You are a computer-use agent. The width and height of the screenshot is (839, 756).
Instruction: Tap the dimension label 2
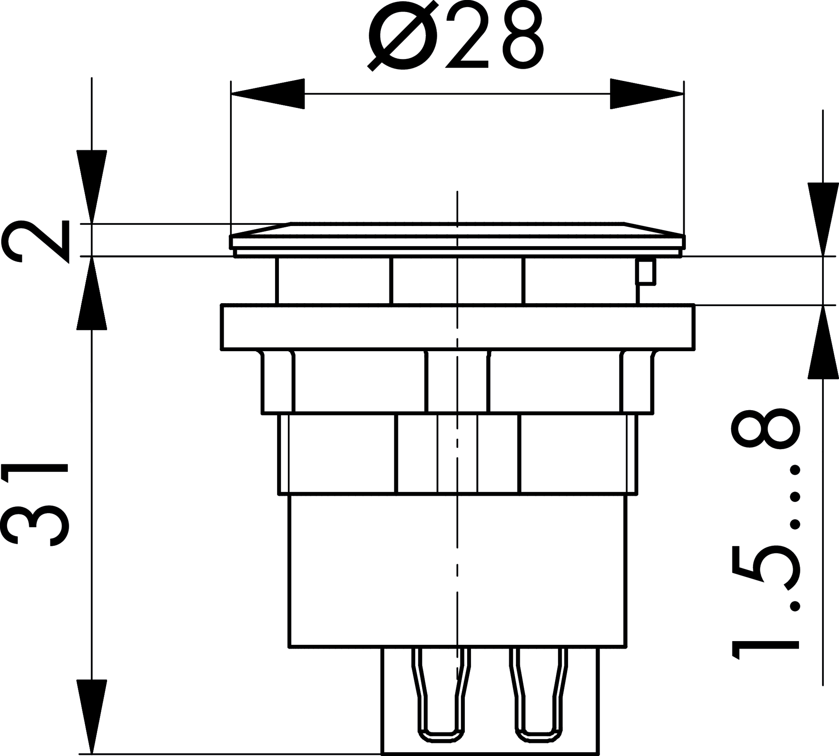pyautogui.click(x=36, y=241)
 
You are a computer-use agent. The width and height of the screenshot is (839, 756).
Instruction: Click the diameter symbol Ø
pyautogui.click(x=402, y=35)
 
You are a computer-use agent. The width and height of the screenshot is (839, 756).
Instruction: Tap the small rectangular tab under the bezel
pyautogui.click(x=646, y=273)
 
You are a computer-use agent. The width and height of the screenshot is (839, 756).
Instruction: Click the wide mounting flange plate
pyautogui.click(x=457, y=327)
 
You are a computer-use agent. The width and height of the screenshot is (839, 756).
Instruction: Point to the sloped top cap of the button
pyautogui.click(x=457, y=229)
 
